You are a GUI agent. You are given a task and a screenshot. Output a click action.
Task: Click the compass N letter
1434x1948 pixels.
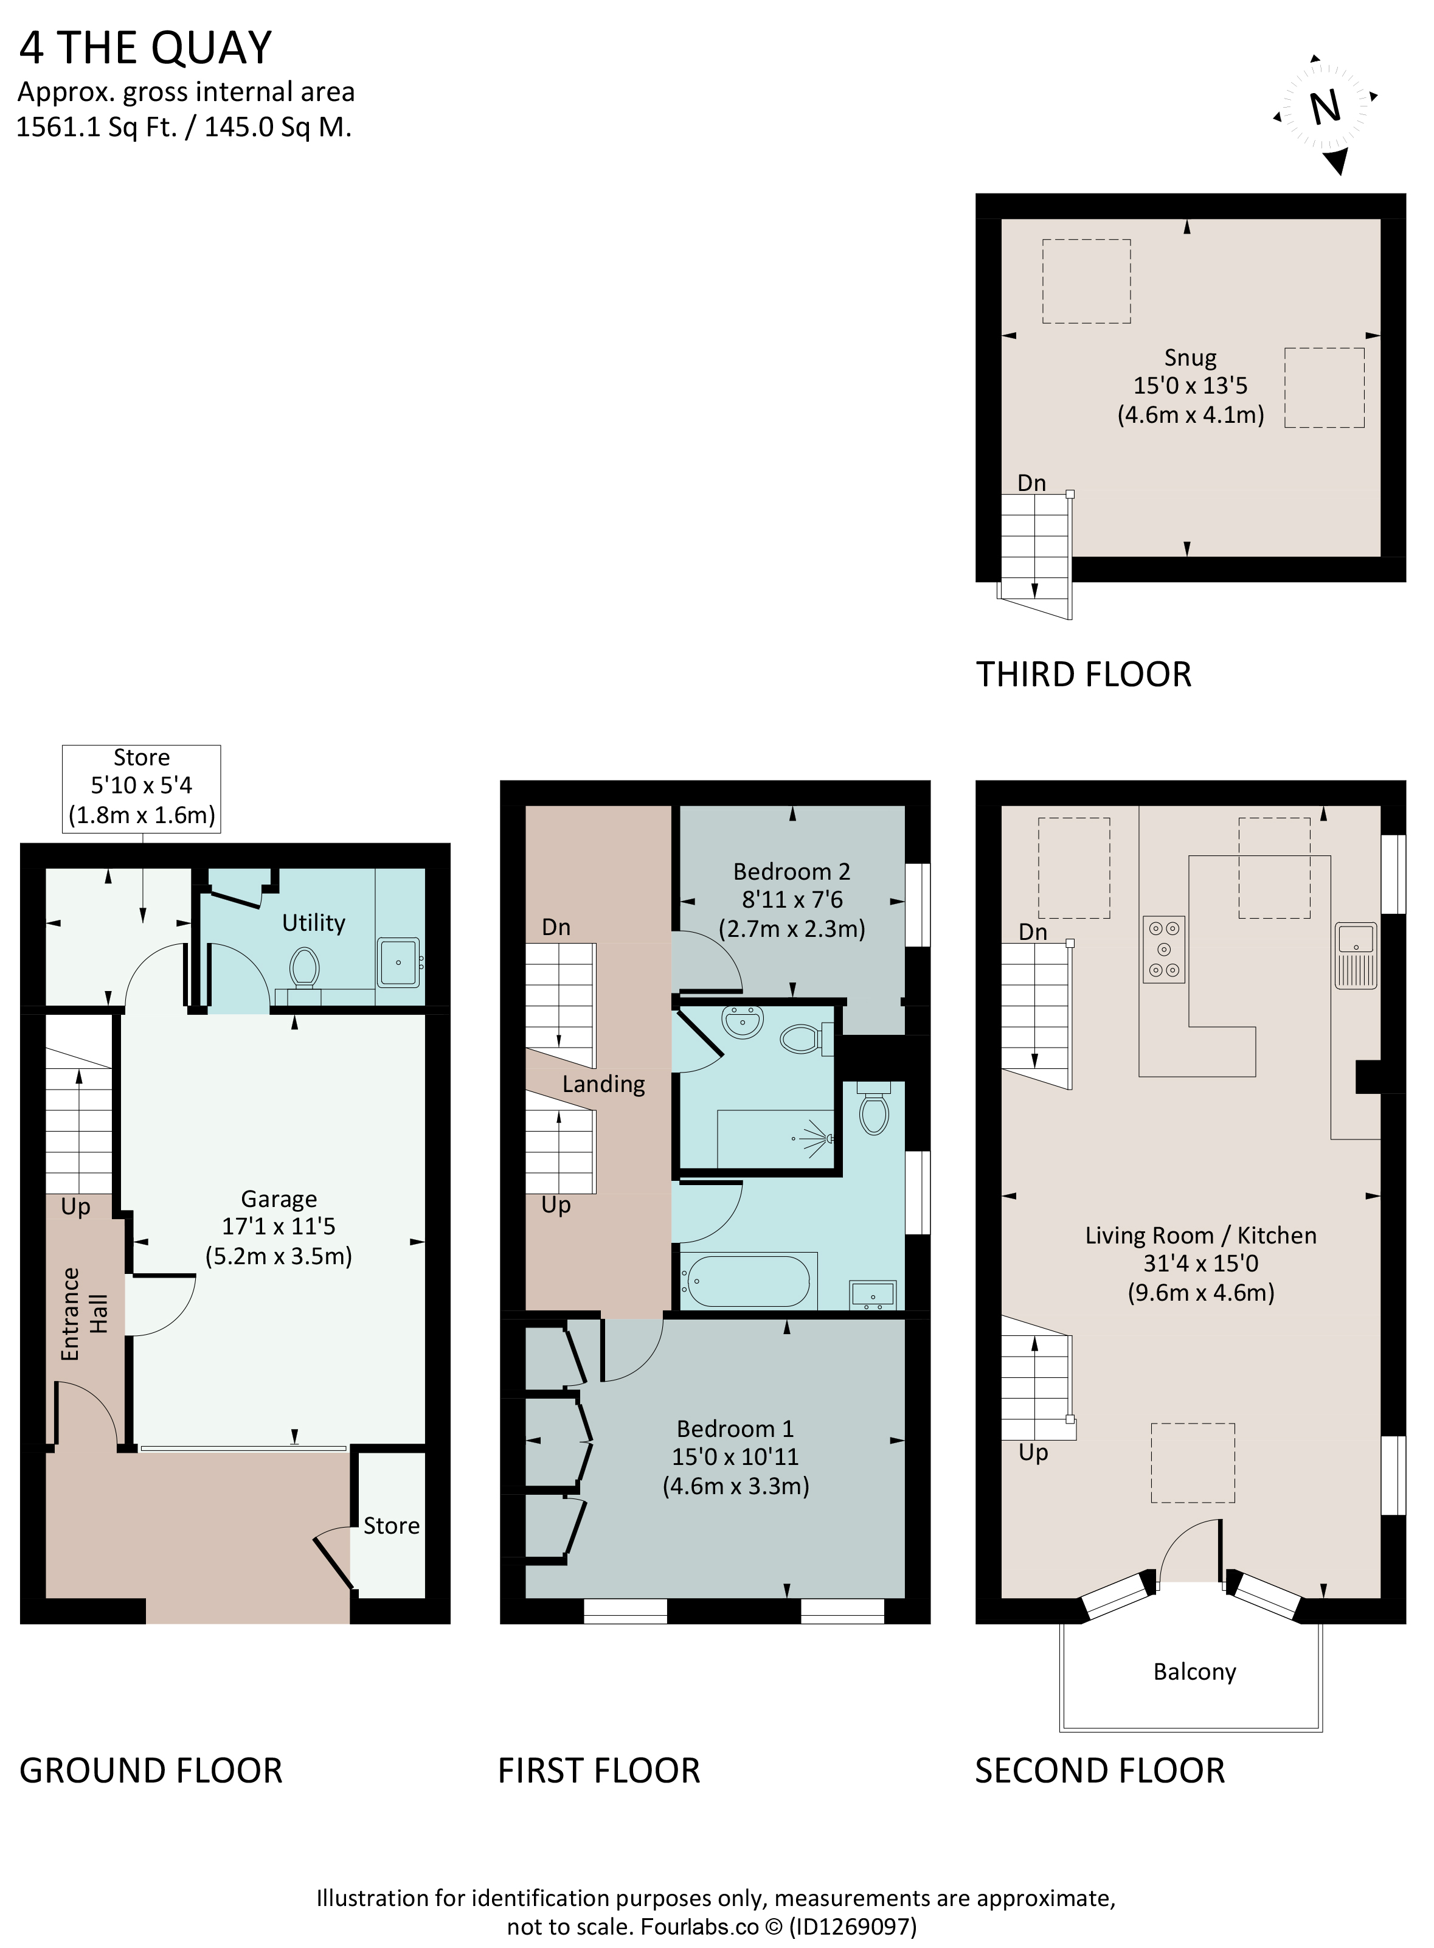pyautogui.click(x=1326, y=108)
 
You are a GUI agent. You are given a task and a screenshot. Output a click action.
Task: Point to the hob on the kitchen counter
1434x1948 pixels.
pyautogui.click(x=1164, y=949)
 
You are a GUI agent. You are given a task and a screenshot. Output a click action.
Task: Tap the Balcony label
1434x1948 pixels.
pyautogui.click(x=1194, y=1671)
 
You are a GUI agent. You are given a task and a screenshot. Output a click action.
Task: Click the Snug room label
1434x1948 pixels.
pyautogui.click(x=1190, y=357)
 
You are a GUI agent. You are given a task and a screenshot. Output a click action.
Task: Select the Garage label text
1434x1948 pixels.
pyautogui.click(x=279, y=1198)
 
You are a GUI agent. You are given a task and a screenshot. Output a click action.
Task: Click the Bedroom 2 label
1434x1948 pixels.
pyautogui.click(x=792, y=871)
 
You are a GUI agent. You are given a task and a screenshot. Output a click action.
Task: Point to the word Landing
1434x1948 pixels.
pyautogui.click(x=603, y=1084)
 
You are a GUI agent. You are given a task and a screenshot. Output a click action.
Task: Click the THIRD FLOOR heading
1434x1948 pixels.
pyautogui.click(x=1083, y=675)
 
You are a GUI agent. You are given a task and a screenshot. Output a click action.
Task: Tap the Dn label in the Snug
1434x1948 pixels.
pyautogui.click(x=1031, y=483)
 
